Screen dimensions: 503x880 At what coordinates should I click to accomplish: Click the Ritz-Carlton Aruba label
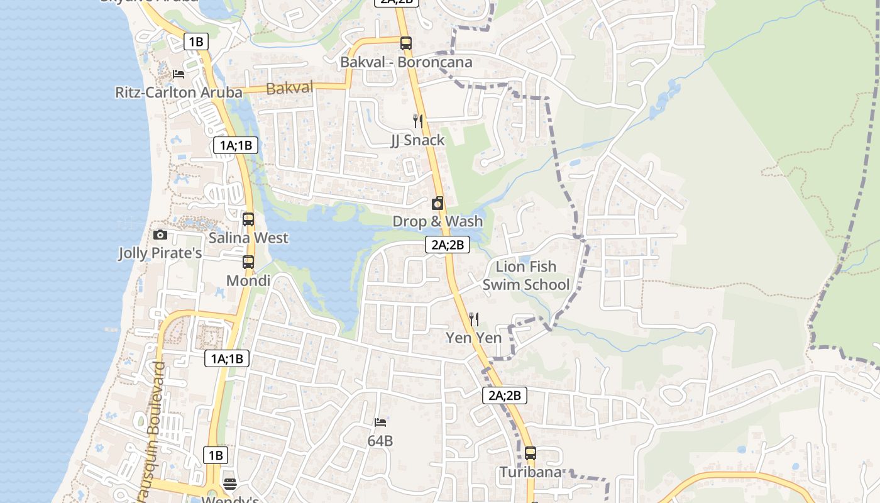(179, 92)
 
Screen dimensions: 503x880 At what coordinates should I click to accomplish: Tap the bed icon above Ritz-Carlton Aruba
(179, 74)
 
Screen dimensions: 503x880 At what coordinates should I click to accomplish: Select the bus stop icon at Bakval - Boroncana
(406, 43)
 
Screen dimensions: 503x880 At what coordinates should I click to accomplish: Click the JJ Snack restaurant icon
(417, 121)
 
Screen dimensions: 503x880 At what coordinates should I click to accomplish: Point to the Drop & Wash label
(437, 221)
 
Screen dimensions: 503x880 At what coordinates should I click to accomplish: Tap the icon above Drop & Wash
(437, 203)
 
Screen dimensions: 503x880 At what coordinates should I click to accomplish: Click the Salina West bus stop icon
(248, 219)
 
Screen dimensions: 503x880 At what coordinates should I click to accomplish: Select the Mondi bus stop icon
(248, 262)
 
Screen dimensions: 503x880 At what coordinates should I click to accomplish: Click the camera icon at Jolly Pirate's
(160, 235)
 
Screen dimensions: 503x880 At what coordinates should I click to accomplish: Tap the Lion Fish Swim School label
(526, 275)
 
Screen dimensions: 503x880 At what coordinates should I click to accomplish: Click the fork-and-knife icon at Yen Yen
(474, 319)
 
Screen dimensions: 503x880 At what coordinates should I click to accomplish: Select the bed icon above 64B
(380, 423)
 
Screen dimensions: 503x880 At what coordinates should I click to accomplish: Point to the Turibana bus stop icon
(531, 453)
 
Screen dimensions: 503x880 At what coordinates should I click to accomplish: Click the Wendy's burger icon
(230, 484)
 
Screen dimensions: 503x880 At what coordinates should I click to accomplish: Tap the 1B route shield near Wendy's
(216, 455)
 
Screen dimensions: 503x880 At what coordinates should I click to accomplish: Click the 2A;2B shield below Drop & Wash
(448, 245)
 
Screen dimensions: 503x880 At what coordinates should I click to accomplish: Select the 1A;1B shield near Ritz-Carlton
(235, 145)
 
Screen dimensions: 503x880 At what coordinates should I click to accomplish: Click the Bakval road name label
(290, 88)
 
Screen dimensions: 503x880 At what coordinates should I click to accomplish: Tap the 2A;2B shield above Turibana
(505, 395)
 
